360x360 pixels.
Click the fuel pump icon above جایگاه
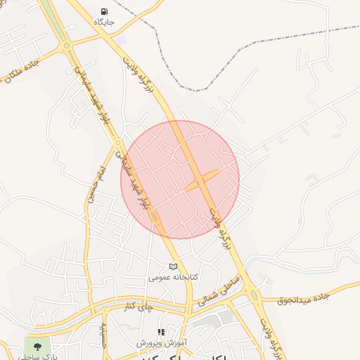point(105,11)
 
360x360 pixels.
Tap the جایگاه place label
point(105,22)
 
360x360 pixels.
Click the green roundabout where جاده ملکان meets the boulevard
point(67,46)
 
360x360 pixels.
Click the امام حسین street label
point(96,185)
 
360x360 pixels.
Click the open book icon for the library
point(173,266)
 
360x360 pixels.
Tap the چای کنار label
point(136,307)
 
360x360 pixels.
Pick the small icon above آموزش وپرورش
point(161,332)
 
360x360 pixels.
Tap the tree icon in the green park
point(37,345)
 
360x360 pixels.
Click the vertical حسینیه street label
point(103,334)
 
